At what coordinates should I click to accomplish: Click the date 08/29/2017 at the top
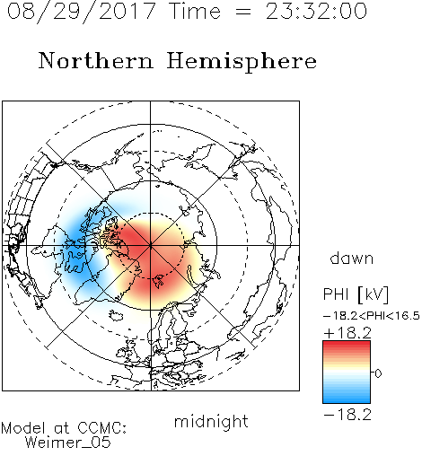coord(82,12)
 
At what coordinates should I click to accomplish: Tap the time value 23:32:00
coord(316,12)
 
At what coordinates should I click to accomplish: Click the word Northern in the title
coord(96,60)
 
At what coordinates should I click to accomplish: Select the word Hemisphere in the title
coord(242,62)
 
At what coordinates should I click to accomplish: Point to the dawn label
coord(352,259)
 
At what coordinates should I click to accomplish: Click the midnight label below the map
coord(211,422)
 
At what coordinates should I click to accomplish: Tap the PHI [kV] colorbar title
coord(356,294)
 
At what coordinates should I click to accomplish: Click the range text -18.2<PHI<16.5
coord(372,316)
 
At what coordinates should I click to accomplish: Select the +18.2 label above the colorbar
coord(347,333)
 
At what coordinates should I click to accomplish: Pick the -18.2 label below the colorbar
coord(347,415)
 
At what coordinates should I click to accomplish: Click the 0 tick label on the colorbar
coord(378,373)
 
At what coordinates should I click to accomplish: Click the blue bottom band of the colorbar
coord(347,398)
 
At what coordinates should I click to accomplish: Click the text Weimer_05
coord(68,443)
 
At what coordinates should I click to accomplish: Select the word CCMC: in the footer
coord(102,428)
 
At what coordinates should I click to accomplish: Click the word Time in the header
coord(195,12)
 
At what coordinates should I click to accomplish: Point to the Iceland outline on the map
coord(116,316)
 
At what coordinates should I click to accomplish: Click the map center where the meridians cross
coord(151,245)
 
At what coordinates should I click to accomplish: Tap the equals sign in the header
coord(243,13)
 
